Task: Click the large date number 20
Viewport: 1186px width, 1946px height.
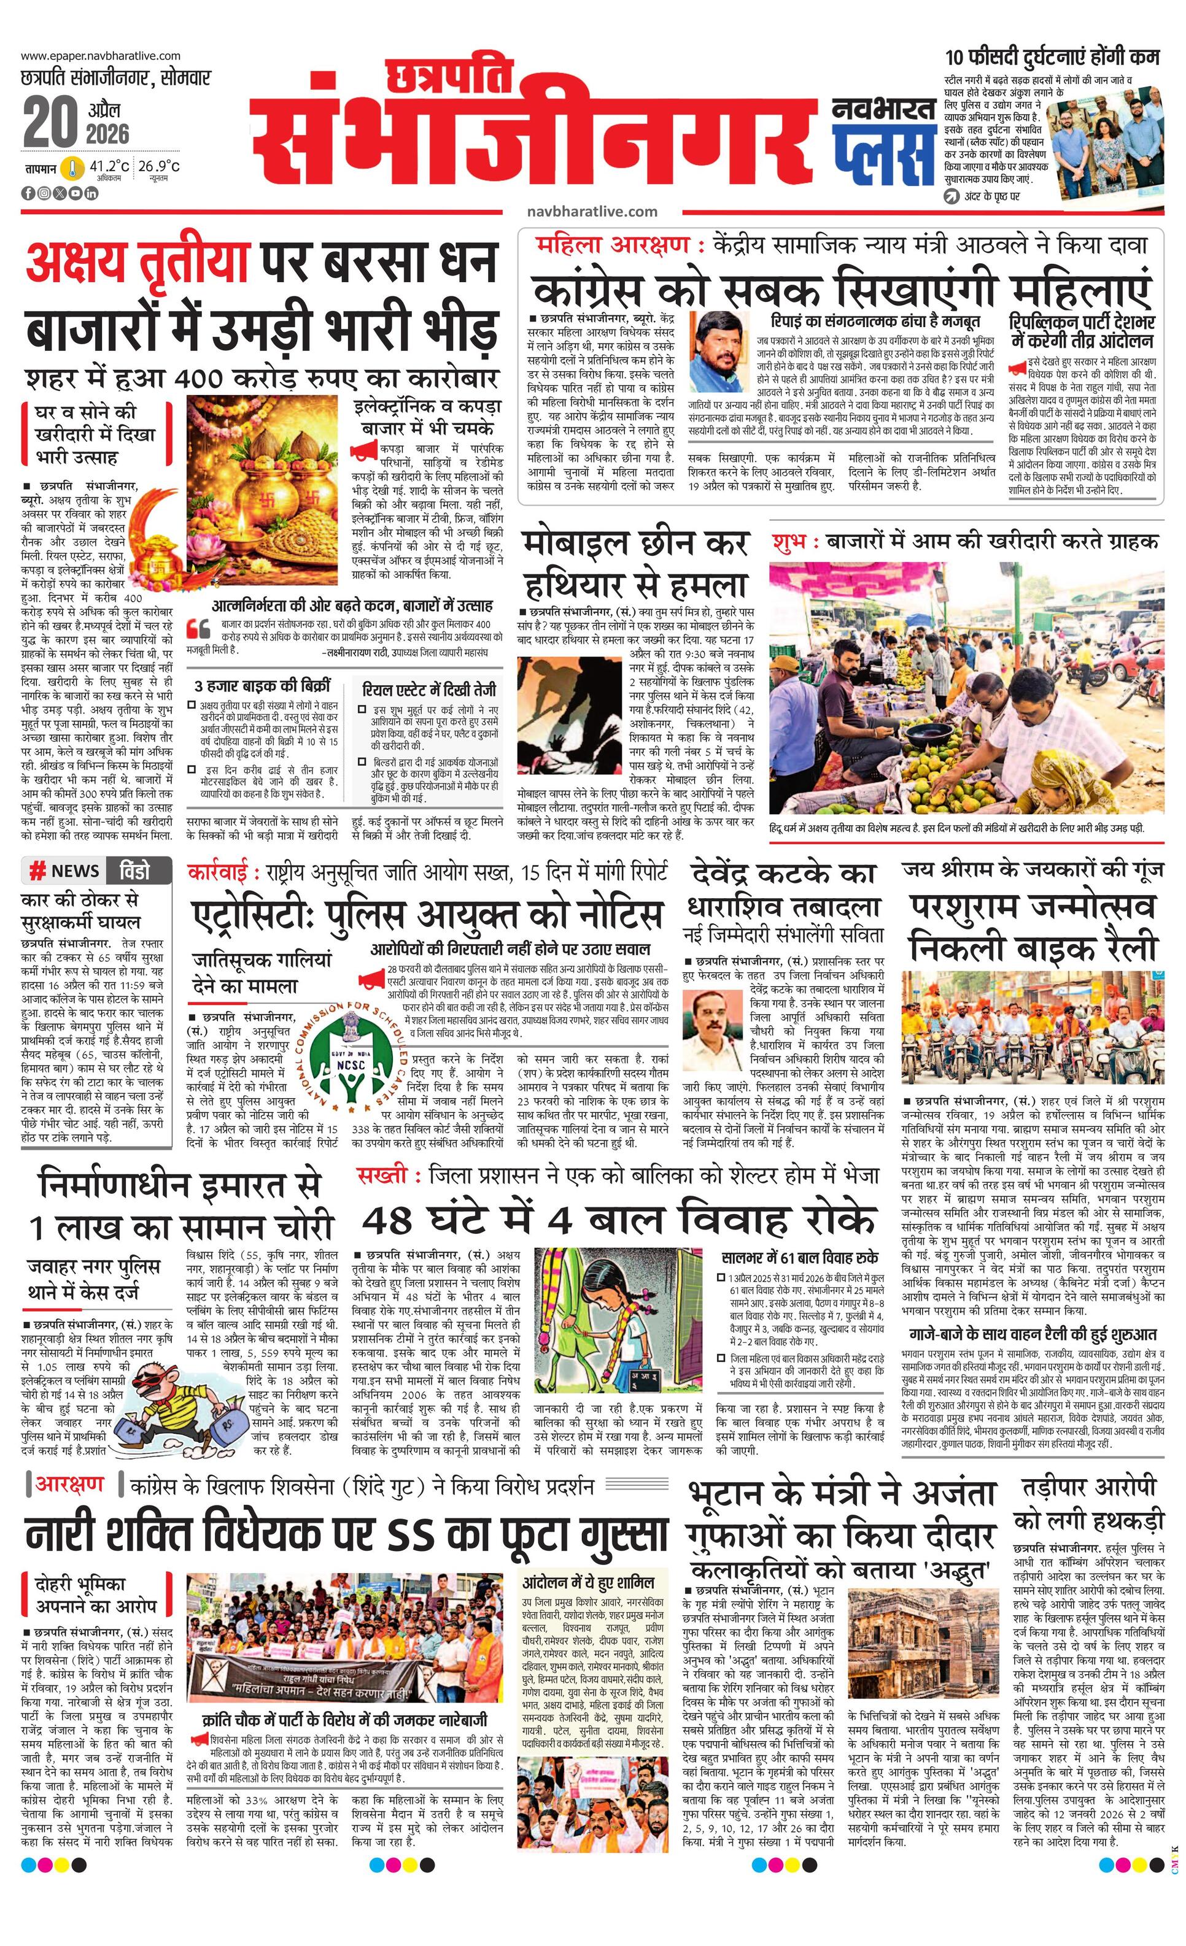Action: tap(50, 123)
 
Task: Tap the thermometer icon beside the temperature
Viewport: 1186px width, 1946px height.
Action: tap(72, 168)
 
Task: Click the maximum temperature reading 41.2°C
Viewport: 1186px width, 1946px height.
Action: tap(109, 167)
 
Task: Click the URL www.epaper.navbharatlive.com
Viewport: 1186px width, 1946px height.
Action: tap(100, 56)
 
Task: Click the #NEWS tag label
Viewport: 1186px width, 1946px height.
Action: tap(65, 871)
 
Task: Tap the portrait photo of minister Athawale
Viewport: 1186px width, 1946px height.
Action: tap(722, 352)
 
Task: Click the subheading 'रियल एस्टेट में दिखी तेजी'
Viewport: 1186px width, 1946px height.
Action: tap(429, 690)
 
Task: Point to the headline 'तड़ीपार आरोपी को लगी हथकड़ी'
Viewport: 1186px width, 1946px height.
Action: tap(1089, 1504)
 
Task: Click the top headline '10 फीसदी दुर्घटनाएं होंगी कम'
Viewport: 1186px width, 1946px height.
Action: tap(1052, 58)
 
